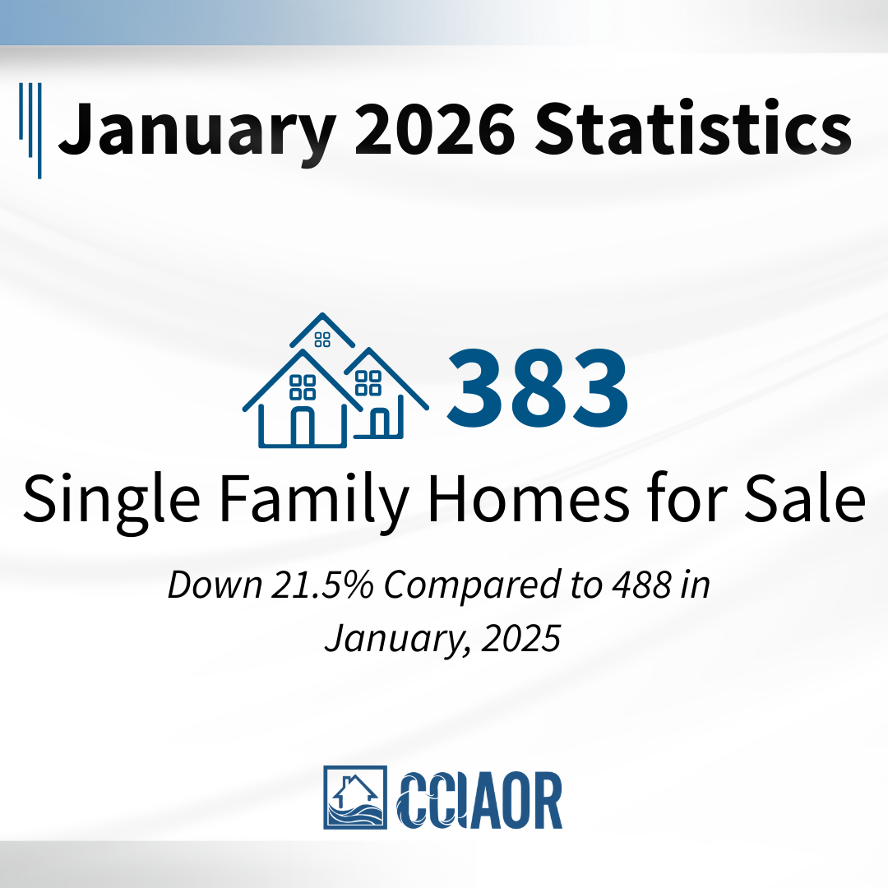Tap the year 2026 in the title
pos(435,128)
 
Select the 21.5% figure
pos(322,585)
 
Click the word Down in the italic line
pos(215,585)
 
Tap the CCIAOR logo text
pos(479,800)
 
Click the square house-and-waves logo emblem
pos(355,798)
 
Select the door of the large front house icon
pos(302,427)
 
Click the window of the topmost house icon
pos(322,340)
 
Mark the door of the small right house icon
pos(380,423)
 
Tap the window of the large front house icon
pos(303,387)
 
